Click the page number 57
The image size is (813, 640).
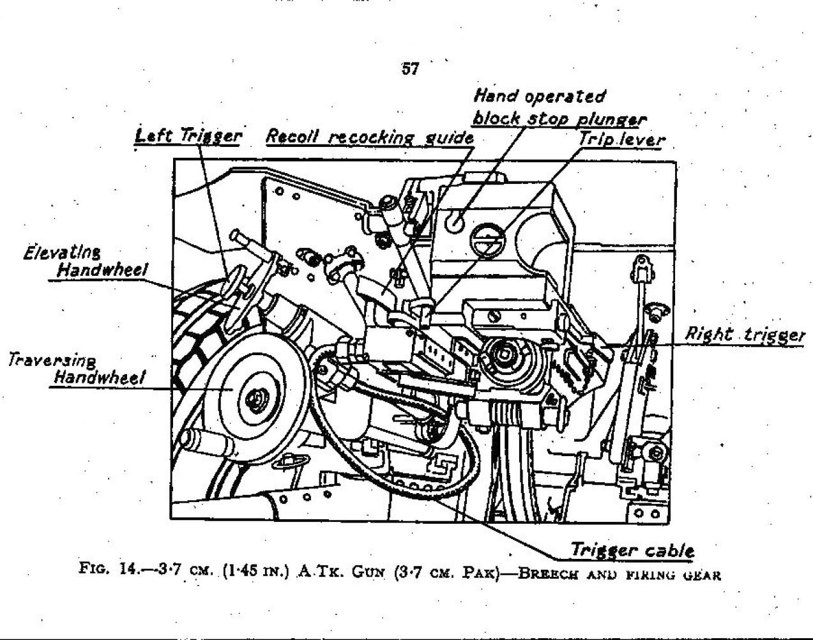(409, 69)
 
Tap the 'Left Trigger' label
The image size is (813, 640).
(188, 136)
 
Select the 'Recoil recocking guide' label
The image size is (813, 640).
(369, 137)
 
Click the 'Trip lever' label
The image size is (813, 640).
(621, 139)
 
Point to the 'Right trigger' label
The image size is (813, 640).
(744, 335)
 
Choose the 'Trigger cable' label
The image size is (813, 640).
(632, 550)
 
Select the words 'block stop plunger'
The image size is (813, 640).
(559, 119)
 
